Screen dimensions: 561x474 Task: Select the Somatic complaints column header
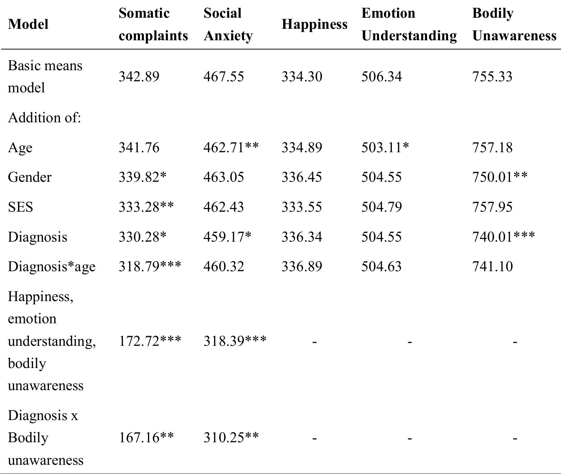coord(153,24)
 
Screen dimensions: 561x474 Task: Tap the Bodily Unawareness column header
coord(514,24)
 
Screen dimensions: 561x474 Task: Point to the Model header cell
coord(28,24)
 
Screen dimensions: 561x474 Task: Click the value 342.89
coord(139,76)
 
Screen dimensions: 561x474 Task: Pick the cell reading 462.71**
coord(231,147)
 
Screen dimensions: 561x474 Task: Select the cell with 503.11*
coord(385,147)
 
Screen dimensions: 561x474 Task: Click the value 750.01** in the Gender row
coord(500,177)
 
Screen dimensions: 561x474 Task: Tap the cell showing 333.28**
coord(146,207)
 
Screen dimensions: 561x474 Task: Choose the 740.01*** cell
coord(503,236)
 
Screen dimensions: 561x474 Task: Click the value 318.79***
coord(150,266)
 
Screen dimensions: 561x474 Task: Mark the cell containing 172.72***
coord(150,341)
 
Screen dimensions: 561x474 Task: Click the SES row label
coord(20,207)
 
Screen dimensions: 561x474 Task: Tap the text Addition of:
coord(45,118)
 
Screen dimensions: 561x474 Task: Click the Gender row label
coord(30,177)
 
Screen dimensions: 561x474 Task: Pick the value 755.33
coord(492,76)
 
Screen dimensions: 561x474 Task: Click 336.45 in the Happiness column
coord(301,177)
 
